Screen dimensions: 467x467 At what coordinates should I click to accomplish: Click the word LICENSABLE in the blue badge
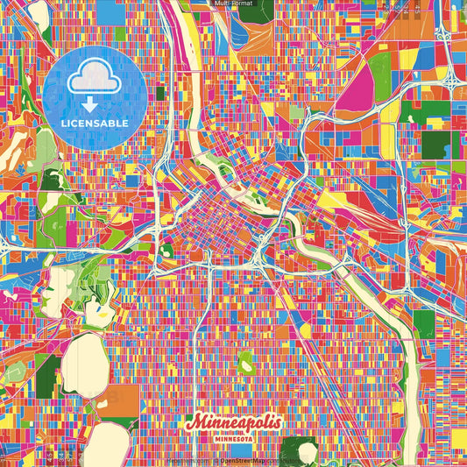95,124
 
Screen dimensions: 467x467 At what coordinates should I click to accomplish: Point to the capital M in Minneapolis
195,423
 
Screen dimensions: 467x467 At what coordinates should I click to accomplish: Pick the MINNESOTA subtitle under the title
234,439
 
